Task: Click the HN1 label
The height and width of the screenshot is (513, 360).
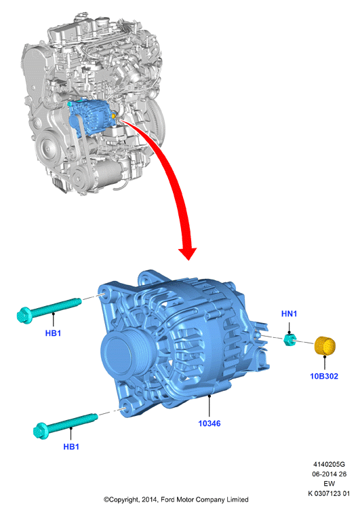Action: pyautogui.click(x=289, y=313)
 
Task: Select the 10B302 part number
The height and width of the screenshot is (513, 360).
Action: pyautogui.click(x=324, y=376)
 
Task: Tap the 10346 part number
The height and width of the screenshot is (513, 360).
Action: pyautogui.click(x=209, y=423)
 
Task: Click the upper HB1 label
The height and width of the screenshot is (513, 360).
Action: pyautogui.click(x=53, y=333)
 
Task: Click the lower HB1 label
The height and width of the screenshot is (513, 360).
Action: pyautogui.click(x=71, y=446)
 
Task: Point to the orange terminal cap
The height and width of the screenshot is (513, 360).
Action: pyautogui.click(x=325, y=345)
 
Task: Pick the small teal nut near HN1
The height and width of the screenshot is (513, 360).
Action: pyautogui.click(x=290, y=339)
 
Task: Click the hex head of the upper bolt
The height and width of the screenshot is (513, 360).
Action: pyautogui.click(x=24, y=316)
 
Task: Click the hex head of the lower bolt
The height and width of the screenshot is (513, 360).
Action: pyautogui.click(x=41, y=431)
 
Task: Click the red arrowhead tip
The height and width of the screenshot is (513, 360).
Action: pyautogui.click(x=188, y=260)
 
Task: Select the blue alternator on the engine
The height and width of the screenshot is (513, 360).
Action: pyautogui.click(x=91, y=117)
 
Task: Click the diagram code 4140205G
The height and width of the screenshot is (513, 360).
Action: pyautogui.click(x=329, y=464)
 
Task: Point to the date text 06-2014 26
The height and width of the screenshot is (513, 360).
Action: pyautogui.click(x=329, y=474)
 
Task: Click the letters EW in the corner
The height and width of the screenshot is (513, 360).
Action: pyautogui.click(x=329, y=484)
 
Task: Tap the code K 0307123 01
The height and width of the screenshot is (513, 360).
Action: pyautogui.click(x=329, y=493)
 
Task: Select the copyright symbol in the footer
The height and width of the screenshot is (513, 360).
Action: pyautogui.click(x=106, y=499)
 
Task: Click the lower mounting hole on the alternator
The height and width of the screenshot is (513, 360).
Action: pyautogui.click(x=124, y=409)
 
